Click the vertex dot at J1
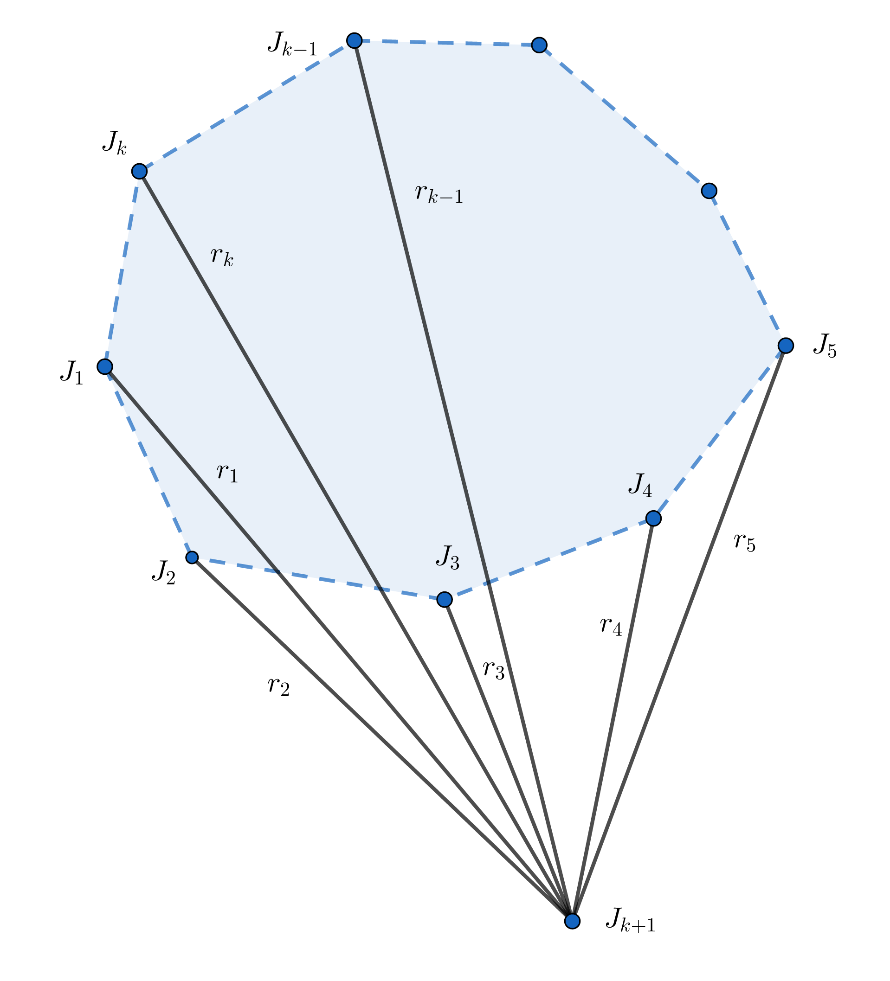click(x=105, y=366)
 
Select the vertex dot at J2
click(x=192, y=557)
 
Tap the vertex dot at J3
click(x=444, y=599)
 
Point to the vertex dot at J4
click(x=653, y=519)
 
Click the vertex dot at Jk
click(x=139, y=171)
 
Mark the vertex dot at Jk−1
click(x=355, y=40)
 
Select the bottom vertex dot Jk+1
click(x=572, y=921)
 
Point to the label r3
click(x=493, y=670)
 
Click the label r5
click(x=744, y=542)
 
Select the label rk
click(x=222, y=256)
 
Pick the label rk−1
click(x=439, y=194)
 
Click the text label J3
click(x=447, y=558)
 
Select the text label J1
click(x=72, y=373)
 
